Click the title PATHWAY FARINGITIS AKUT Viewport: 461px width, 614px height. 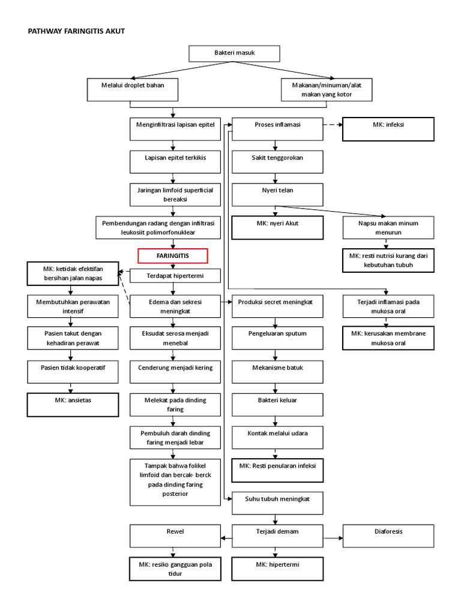pos(77,31)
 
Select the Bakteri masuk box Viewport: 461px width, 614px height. pos(235,53)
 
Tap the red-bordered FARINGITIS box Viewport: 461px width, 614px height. pos(173,255)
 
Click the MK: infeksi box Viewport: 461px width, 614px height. pos(388,129)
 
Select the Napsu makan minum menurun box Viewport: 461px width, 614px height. pos(388,228)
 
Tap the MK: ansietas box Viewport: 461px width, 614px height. pos(73,404)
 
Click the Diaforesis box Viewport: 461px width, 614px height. pos(388,535)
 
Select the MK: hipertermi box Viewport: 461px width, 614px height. pos(277,569)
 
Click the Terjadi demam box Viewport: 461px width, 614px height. pos(277,535)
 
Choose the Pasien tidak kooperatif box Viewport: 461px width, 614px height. pos(73,371)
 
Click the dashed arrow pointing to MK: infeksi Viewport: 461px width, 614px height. pos(333,125)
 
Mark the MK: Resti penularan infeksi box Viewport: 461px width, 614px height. pos(277,469)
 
